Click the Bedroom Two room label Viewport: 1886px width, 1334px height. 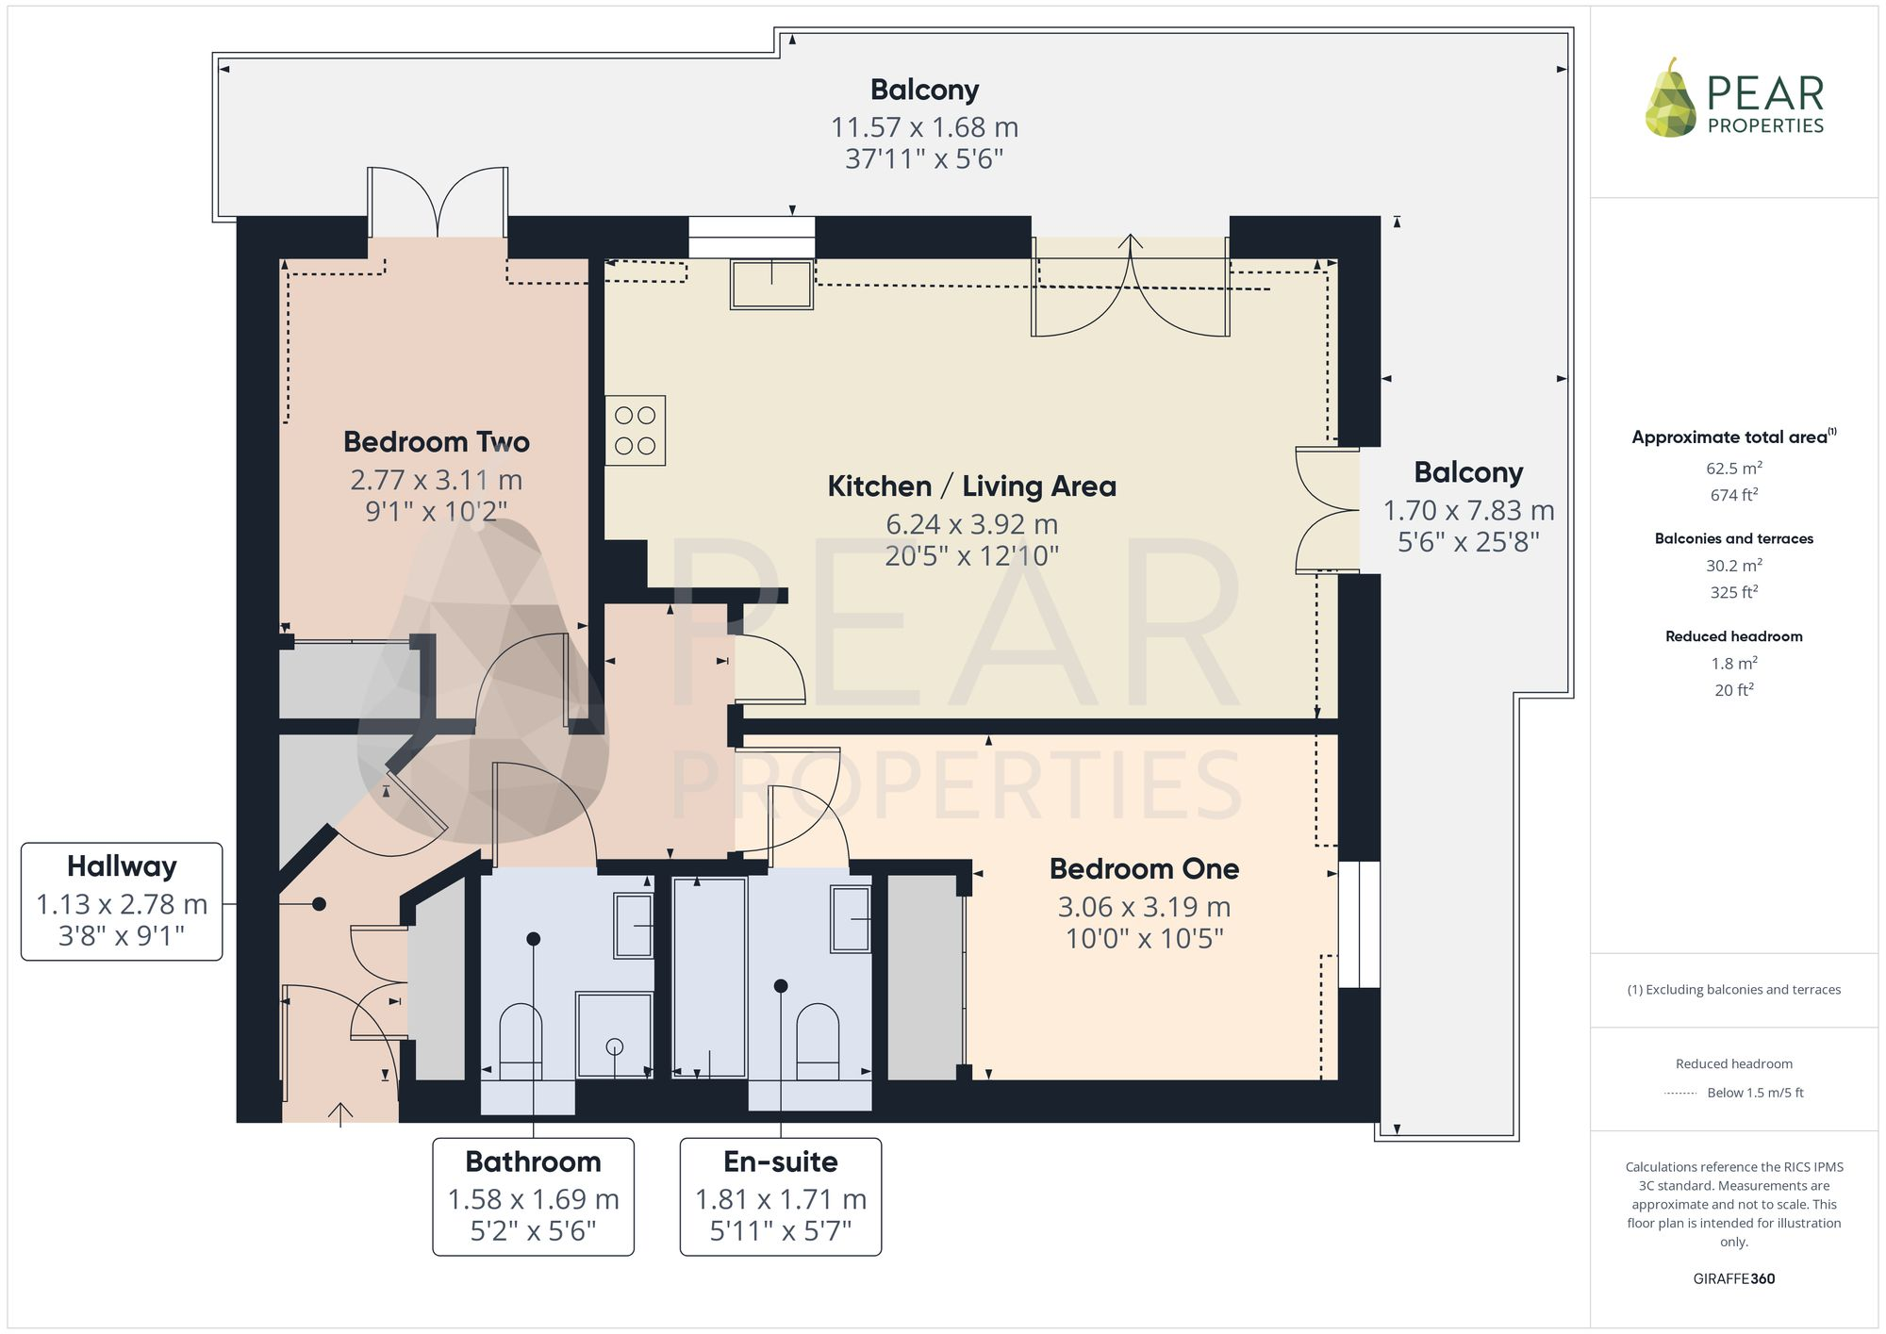pos(437,441)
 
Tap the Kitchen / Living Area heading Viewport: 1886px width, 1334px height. pos(971,486)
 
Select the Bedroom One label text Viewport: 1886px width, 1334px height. pos(1144,868)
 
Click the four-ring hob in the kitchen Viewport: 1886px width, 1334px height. pos(636,430)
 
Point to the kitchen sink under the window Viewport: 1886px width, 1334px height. pos(771,284)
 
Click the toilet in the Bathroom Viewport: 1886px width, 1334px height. pos(521,1042)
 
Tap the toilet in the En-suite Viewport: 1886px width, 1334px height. pos(818,1042)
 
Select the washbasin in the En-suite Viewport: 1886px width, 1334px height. pos(851,918)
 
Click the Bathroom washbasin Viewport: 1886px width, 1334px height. pos(634,926)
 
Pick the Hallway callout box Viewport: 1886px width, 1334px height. pos(122,902)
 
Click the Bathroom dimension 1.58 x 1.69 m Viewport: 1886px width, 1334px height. pos(533,1199)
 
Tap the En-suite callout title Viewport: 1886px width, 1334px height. pos(781,1161)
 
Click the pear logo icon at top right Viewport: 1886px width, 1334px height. pos(1671,99)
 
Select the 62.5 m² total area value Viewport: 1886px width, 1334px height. pos(1734,468)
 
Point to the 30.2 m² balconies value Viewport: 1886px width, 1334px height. pos(1734,566)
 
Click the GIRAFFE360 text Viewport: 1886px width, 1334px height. pos(1734,1278)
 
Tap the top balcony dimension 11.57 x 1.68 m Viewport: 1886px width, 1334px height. pos(924,127)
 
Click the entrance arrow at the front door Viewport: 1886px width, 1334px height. pos(340,1113)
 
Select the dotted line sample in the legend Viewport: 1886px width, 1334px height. pos(1681,1094)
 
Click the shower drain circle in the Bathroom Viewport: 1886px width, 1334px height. pos(615,1046)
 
